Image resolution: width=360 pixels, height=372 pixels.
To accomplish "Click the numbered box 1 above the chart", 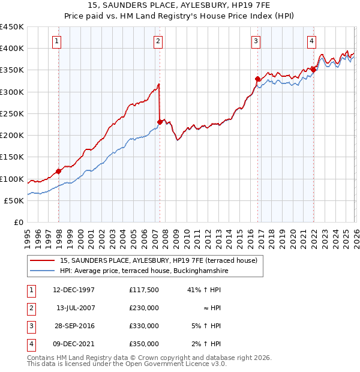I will [56, 41].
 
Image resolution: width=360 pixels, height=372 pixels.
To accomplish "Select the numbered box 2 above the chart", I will [157, 41].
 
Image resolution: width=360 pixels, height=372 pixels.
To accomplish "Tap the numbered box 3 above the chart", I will [256, 41].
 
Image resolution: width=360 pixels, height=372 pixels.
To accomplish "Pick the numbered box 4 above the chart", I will [312, 41].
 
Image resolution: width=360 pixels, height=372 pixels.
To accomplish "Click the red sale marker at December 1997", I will [59, 171].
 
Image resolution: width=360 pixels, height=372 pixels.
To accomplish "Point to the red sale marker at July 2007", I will [160, 122].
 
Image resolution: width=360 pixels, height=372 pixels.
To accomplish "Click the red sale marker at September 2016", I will [257, 79].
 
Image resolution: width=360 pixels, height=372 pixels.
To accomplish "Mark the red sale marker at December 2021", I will [313, 70].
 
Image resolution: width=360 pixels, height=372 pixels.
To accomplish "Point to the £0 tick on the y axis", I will [18, 222].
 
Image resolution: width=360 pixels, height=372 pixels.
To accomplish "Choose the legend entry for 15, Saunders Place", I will [158, 260].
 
